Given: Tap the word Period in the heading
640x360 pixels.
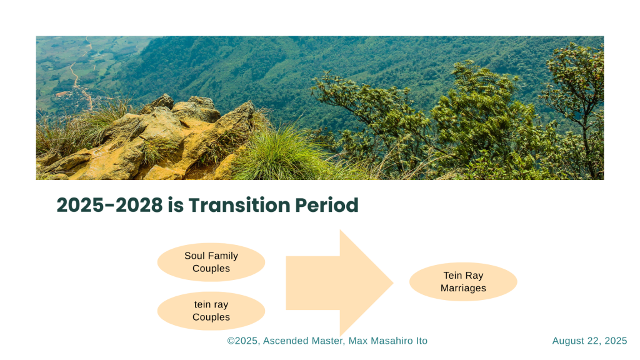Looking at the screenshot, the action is (x=326, y=205).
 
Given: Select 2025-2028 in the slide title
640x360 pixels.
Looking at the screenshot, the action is (x=109, y=205).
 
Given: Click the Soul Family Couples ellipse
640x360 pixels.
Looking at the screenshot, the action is (x=211, y=262).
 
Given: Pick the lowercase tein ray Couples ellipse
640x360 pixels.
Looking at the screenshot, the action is (x=211, y=311).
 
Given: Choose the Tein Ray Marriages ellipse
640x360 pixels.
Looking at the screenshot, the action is (x=463, y=282).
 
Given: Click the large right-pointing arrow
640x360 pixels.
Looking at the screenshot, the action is (x=339, y=283).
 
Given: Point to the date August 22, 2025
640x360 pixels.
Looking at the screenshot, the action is (x=589, y=341).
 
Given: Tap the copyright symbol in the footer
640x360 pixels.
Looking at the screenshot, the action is (x=231, y=341).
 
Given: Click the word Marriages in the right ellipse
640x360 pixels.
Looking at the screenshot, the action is (x=463, y=288).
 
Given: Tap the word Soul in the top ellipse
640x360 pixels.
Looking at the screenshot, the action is (x=194, y=256).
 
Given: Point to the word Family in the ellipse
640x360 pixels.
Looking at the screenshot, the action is (x=223, y=256).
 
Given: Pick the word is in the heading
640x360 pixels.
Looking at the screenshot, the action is (x=176, y=205).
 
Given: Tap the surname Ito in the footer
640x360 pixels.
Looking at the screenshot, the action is (x=422, y=341).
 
